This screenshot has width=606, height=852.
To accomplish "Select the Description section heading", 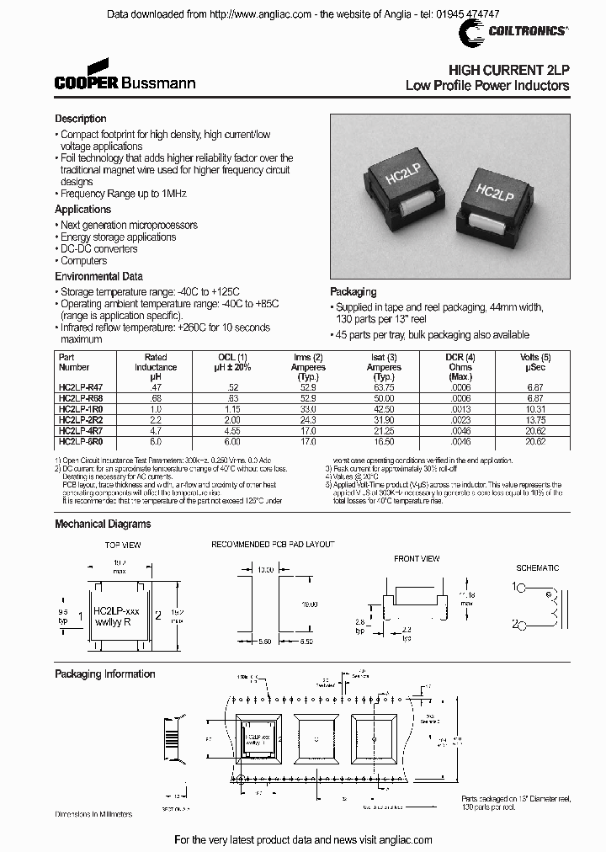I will pos(81,119).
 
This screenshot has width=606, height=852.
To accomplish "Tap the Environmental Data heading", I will pos(98,276).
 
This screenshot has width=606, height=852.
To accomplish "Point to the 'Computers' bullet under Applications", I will pos(83,260).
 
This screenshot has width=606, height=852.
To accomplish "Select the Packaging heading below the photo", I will pos(353,293).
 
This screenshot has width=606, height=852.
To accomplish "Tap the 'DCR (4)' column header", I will pos(460,357).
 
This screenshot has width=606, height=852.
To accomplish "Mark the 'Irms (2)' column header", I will pos(307,357).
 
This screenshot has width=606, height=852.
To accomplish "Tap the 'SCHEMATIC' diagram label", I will pos(537,568).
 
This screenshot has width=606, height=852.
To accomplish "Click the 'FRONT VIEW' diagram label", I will pos(417,558).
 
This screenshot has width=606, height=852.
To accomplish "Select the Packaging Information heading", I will pos(105,674).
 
